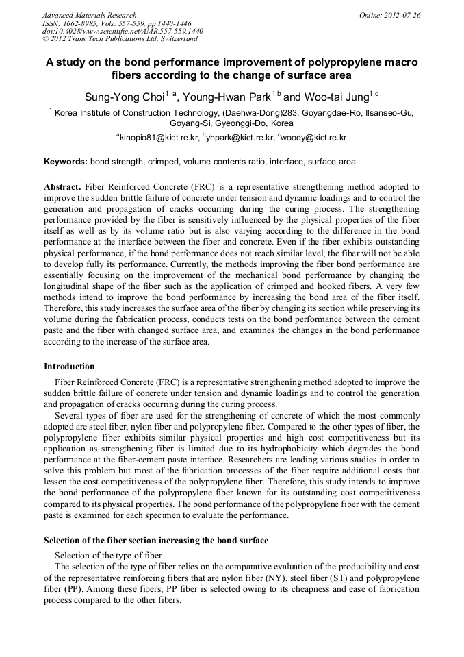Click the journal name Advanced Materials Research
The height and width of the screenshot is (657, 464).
tap(89, 15)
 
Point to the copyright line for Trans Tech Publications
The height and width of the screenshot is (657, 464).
tap(119, 38)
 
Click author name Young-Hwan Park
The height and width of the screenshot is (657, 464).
tap(227, 96)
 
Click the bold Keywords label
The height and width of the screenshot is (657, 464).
tap(66, 162)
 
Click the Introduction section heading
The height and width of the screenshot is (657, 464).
tap(69, 367)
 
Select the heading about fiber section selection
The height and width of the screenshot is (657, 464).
tap(156, 541)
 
